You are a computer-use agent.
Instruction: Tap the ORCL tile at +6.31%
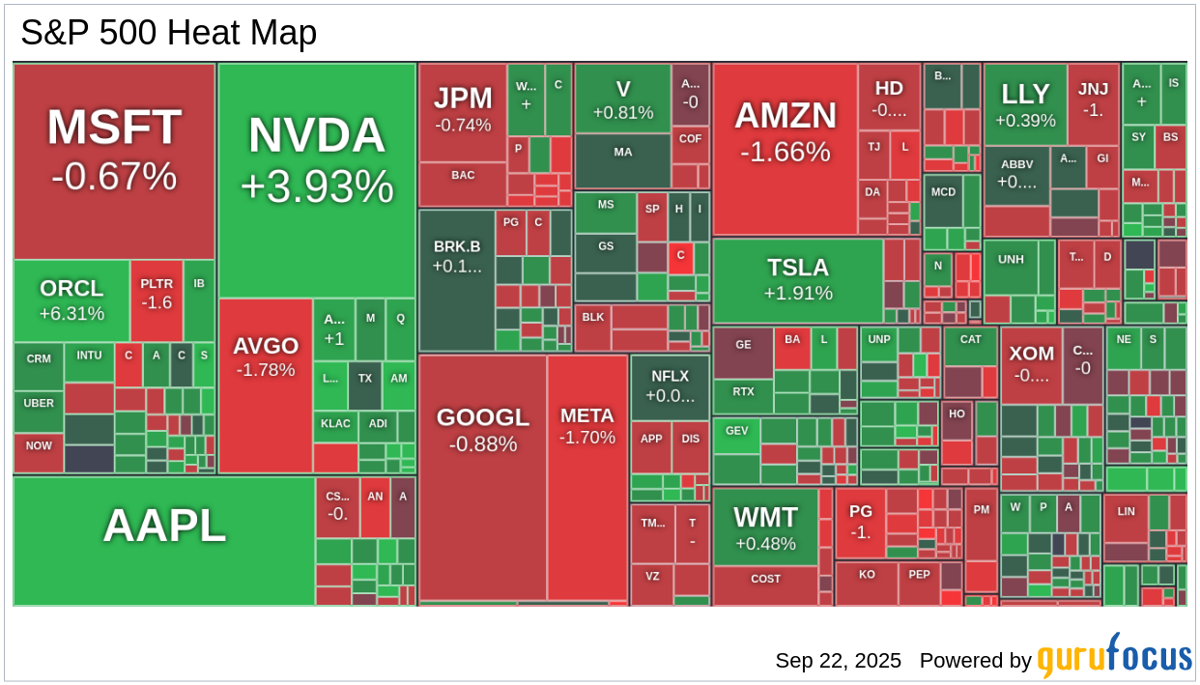click(x=71, y=300)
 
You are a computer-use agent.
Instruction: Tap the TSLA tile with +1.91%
click(x=797, y=279)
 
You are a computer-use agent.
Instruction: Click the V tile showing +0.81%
click(x=622, y=99)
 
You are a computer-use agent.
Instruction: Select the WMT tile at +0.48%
click(x=765, y=527)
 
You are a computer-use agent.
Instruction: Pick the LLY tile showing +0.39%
click(x=1025, y=104)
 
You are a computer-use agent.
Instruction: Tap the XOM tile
click(x=1031, y=363)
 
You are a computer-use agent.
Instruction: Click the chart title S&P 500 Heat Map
click(x=168, y=33)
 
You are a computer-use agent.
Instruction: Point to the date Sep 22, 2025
click(x=838, y=661)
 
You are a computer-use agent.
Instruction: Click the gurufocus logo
click(x=1114, y=657)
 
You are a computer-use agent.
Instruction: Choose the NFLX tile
click(x=670, y=385)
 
